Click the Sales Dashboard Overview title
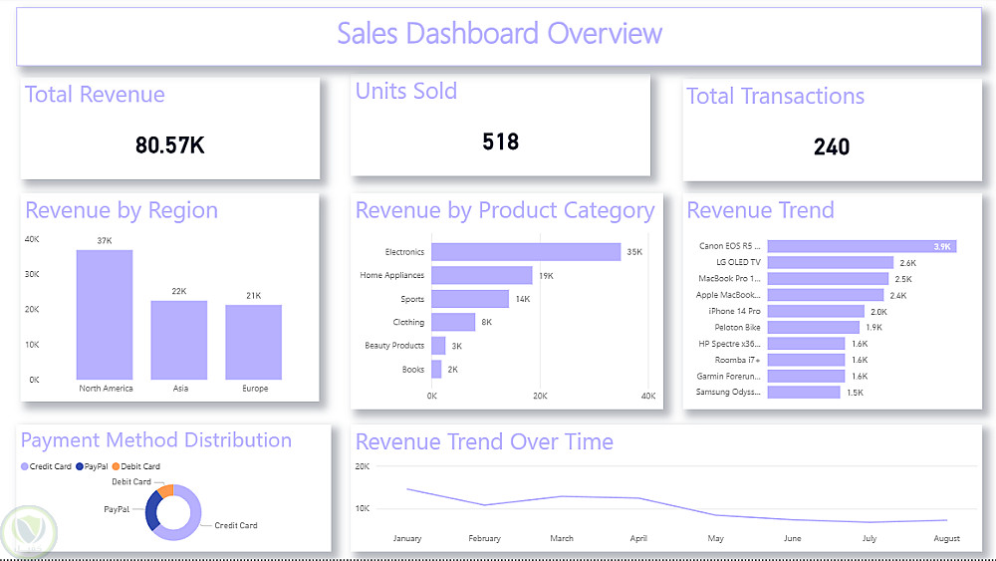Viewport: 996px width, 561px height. click(x=499, y=34)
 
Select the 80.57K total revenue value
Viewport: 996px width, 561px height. click(x=170, y=145)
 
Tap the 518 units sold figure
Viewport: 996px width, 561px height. click(x=500, y=141)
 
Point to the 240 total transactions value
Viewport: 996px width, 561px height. click(x=832, y=147)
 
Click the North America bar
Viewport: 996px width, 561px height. click(x=105, y=314)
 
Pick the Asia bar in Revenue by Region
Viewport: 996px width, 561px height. click(x=178, y=340)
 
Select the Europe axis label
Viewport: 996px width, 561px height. click(x=255, y=389)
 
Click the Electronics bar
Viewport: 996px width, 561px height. click(x=526, y=252)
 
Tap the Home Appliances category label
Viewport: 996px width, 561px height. click(x=391, y=276)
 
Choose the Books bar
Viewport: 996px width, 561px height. click(x=436, y=369)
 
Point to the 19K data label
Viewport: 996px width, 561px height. click(x=547, y=276)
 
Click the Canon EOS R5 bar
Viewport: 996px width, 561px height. click(x=862, y=246)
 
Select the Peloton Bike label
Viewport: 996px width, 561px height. click(x=737, y=327)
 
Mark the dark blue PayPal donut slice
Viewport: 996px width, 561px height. click(x=151, y=512)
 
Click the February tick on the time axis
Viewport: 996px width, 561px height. click(x=484, y=539)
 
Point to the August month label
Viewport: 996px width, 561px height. click(x=946, y=539)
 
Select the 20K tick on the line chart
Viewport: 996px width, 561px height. click(x=362, y=466)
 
